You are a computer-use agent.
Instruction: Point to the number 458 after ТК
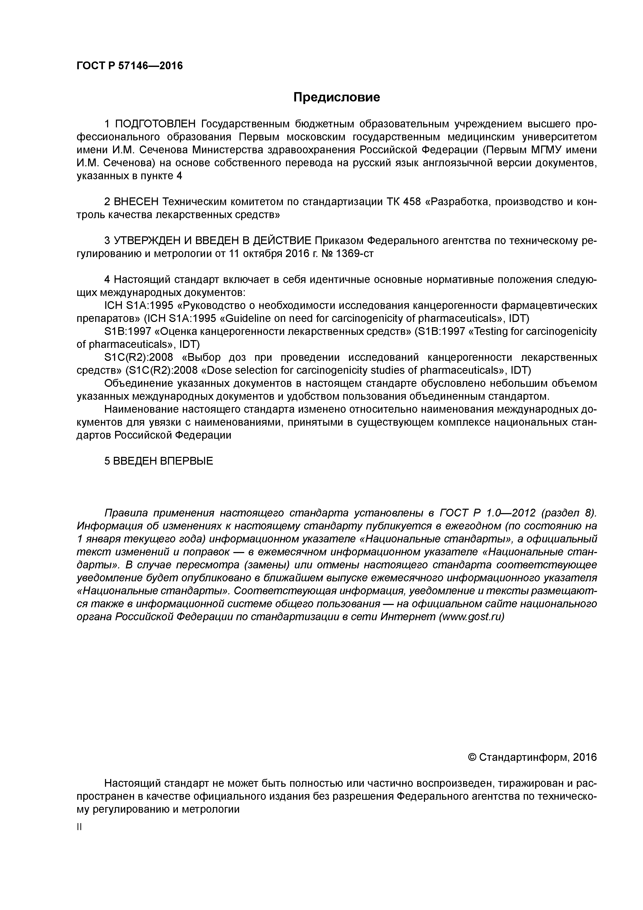(412, 202)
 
